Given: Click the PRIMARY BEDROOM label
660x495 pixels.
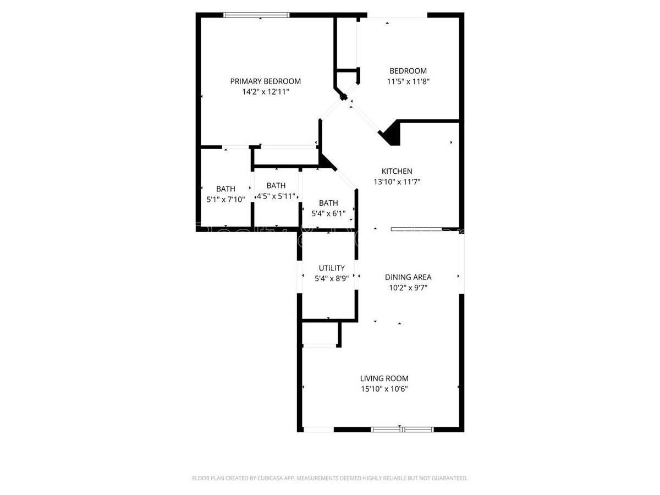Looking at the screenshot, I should [x=265, y=81].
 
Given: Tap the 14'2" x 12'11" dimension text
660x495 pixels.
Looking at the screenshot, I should [x=265, y=92].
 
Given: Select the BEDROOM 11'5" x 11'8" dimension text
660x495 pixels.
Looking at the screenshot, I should [x=408, y=81].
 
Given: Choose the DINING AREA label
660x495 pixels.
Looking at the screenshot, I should [x=408, y=277].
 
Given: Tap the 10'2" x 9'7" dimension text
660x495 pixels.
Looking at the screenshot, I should [x=408, y=288].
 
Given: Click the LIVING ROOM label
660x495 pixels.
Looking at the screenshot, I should [x=384, y=378].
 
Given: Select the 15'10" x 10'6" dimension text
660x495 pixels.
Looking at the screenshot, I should [x=384, y=389].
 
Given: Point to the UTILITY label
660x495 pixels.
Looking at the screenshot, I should [x=328, y=268].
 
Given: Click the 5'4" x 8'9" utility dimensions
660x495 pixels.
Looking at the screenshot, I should [x=328, y=278].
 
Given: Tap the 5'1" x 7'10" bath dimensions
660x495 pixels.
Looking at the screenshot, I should [x=225, y=200].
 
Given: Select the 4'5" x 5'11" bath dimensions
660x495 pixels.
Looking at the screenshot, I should [x=276, y=196].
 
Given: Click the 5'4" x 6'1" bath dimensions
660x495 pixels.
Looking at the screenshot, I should [x=328, y=213].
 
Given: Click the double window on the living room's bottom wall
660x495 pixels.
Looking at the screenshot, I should [x=402, y=430].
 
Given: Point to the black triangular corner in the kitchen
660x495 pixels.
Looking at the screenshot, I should [x=391, y=134].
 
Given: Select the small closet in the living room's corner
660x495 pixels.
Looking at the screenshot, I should [x=320, y=334].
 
